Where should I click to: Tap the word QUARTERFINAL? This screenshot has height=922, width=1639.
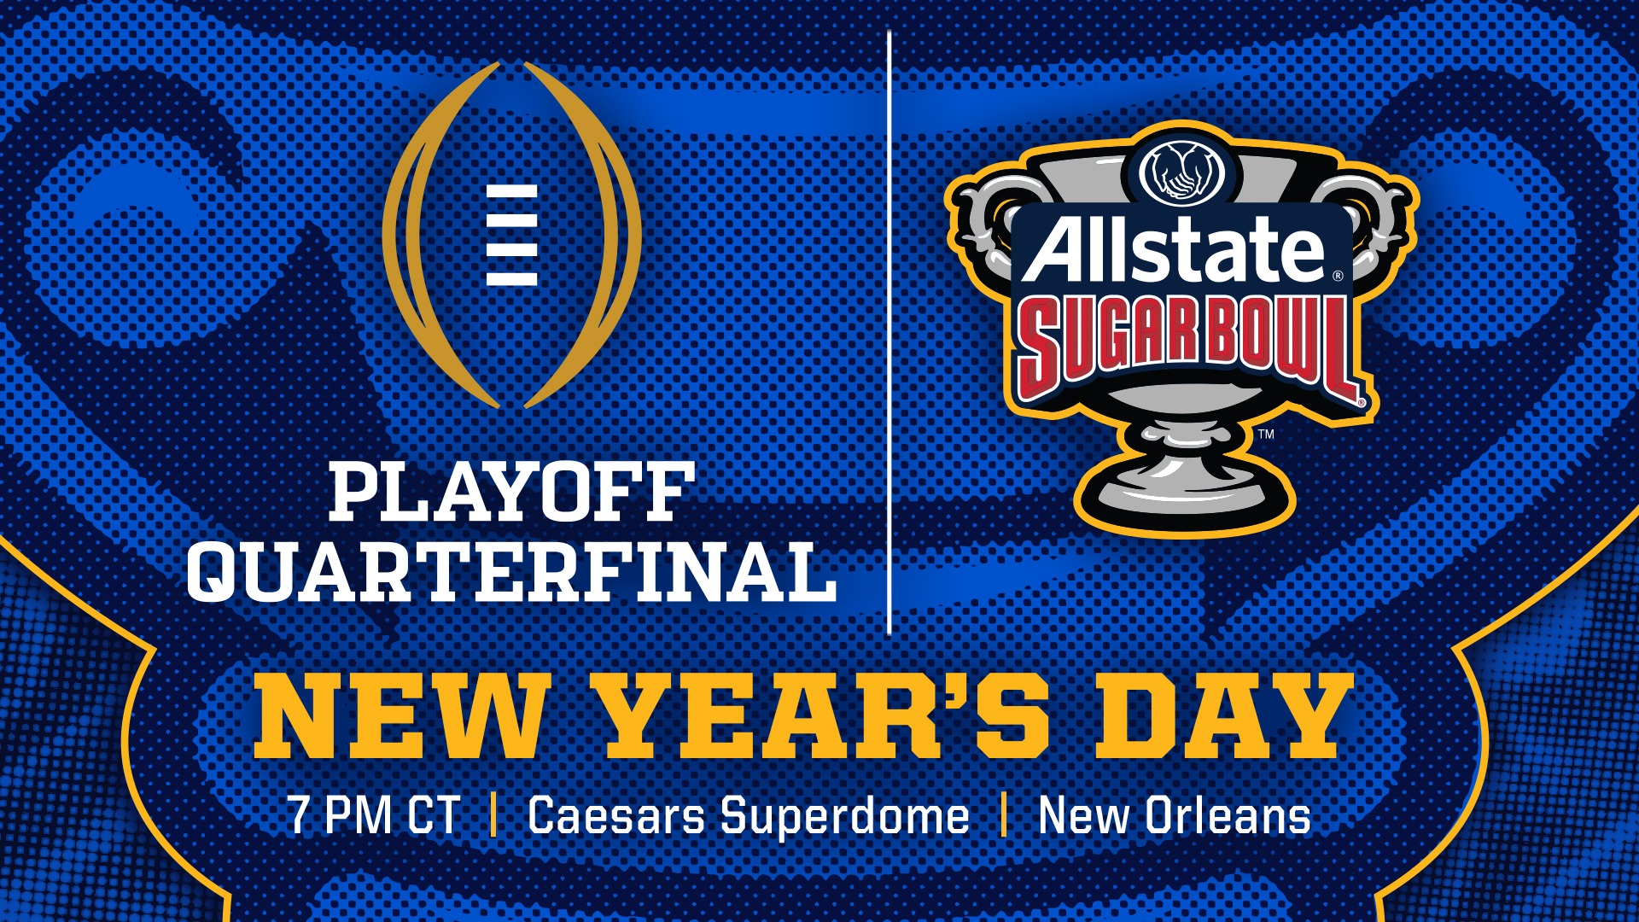click(511, 573)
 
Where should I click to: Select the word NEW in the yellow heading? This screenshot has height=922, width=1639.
click(399, 715)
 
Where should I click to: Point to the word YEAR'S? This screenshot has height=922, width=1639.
click(825, 715)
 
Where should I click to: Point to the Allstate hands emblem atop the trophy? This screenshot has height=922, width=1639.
click(1182, 171)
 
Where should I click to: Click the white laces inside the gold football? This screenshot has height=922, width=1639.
click(511, 235)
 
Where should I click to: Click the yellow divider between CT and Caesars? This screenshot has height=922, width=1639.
click(494, 814)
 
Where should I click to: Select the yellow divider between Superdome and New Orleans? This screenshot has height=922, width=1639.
click(1004, 814)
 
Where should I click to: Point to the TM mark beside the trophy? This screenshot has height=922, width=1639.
click(1266, 434)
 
